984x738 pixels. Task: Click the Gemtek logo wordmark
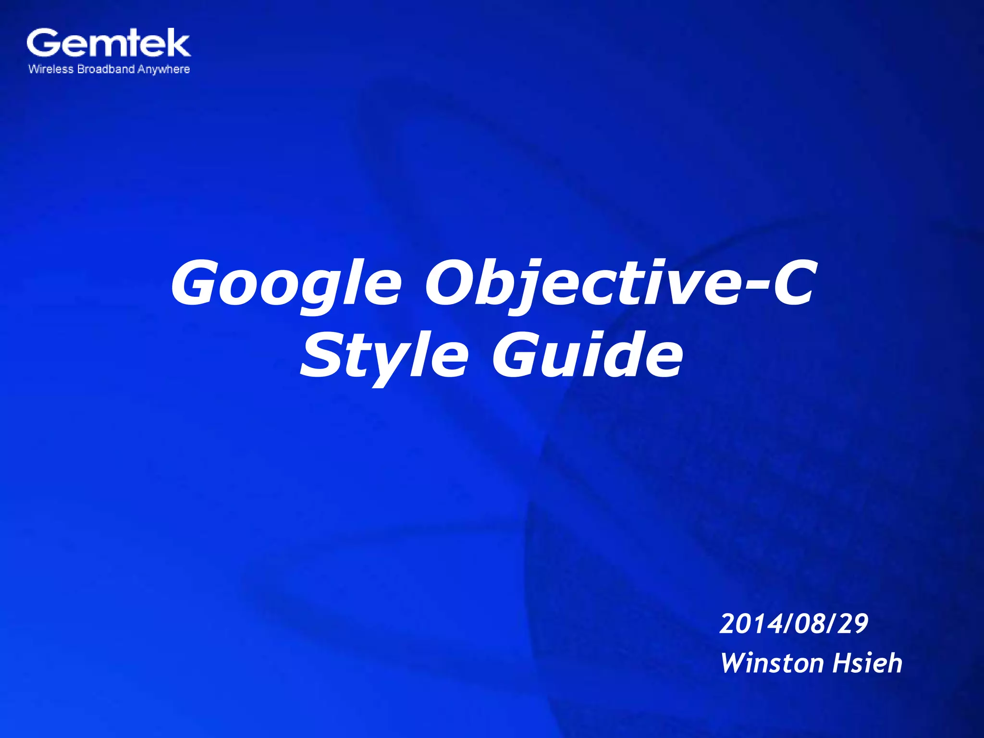point(109,43)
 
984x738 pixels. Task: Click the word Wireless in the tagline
point(51,69)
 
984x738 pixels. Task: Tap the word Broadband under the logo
point(106,69)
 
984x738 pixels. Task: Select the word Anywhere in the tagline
point(164,70)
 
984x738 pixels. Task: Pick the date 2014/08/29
point(794,624)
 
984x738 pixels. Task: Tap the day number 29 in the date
point(853,624)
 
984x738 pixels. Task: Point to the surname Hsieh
point(867,663)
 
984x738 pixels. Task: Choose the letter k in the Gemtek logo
point(177,43)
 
